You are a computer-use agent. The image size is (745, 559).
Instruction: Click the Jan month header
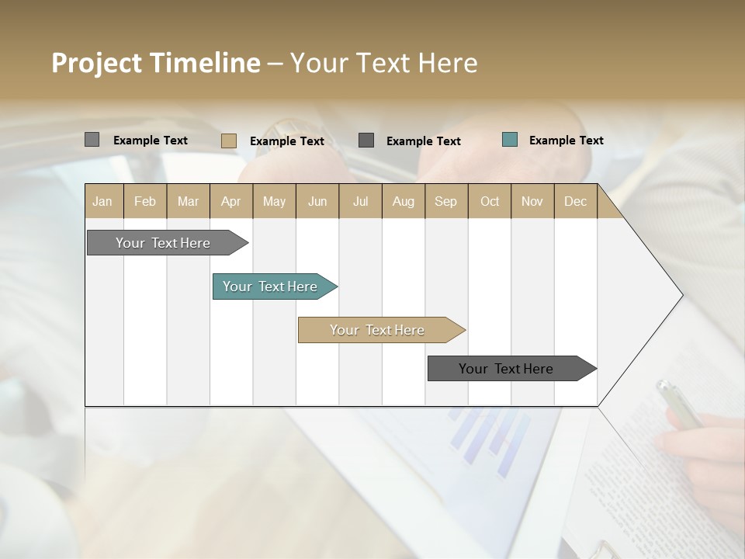(x=103, y=201)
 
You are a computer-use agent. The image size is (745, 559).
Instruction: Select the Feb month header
(x=145, y=201)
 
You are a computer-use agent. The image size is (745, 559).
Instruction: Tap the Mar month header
(x=188, y=201)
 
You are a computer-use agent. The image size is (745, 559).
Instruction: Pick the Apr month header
(x=231, y=201)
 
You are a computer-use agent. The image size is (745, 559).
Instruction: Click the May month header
(x=274, y=201)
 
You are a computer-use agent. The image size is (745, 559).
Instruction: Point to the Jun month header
(x=317, y=201)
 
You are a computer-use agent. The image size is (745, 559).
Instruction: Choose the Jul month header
(x=360, y=201)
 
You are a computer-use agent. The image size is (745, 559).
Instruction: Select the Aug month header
(x=404, y=201)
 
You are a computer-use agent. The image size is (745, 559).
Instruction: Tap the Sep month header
(x=446, y=201)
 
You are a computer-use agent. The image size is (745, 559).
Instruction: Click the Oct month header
(x=490, y=201)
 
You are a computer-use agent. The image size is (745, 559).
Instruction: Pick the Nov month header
(x=532, y=201)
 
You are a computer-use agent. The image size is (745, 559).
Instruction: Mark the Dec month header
(x=576, y=201)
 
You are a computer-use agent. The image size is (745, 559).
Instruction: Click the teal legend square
(x=510, y=140)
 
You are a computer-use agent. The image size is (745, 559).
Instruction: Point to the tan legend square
(x=229, y=141)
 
